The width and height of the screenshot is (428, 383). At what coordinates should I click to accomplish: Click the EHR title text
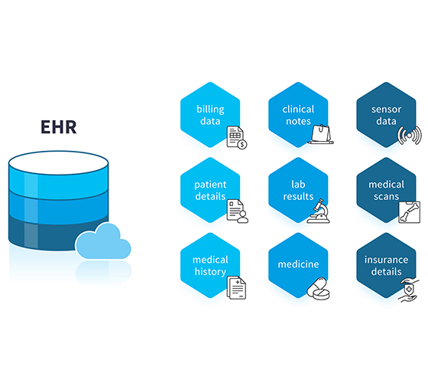[59, 127]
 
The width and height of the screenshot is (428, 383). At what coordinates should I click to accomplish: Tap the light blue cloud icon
[103, 241]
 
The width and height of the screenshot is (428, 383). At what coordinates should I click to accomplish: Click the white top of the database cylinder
[58, 162]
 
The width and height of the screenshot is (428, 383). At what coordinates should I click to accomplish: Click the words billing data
[210, 115]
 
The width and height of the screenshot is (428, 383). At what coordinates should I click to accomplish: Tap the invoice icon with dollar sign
[237, 137]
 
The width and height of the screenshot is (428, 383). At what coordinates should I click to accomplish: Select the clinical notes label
[298, 115]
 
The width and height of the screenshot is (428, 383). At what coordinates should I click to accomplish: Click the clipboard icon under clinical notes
[320, 134]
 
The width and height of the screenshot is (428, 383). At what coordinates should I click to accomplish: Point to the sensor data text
[386, 115]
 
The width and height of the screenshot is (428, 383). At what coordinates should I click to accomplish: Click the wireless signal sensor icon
[409, 136]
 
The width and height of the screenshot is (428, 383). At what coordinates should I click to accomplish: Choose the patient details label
[210, 191]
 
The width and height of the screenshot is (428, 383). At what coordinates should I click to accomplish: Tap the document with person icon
[237, 211]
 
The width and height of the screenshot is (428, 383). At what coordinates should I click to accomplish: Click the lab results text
[298, 191]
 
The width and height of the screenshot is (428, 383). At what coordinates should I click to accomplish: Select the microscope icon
[319, 211]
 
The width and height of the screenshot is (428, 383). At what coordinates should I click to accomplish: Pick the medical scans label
[386, 191]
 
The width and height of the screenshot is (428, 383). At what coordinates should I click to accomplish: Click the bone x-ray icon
[409, 212]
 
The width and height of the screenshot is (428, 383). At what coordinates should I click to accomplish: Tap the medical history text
[210, 266]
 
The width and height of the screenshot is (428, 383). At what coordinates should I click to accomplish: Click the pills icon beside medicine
[318, 289]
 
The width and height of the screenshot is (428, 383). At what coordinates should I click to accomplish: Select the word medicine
[298, 264]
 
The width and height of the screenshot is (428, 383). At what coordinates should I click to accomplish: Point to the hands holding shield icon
[409, 290]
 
